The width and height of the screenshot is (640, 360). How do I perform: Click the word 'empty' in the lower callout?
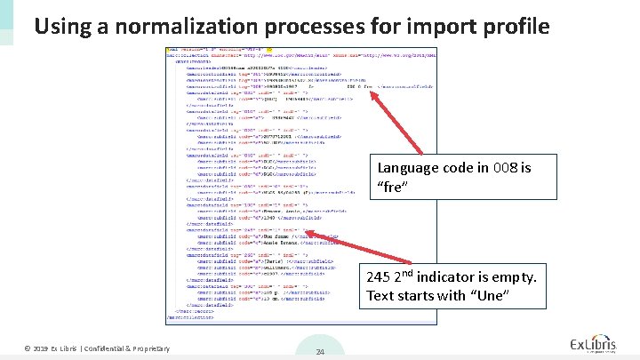pyautogui.click(x=515, y=277)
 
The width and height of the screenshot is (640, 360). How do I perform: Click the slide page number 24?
pyautogui.click(x=320, y=352)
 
